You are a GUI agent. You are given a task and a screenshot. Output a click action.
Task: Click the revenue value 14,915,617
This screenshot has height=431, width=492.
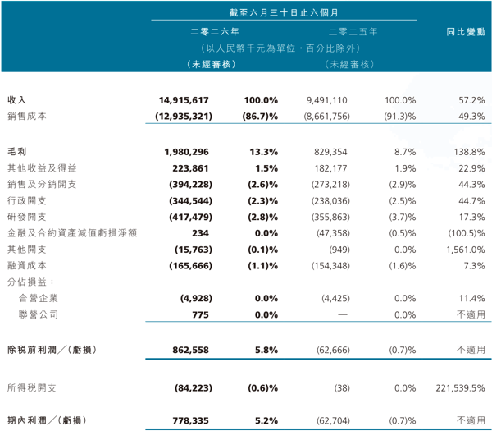click(184, 100)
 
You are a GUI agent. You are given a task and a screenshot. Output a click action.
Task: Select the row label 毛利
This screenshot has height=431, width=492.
click(17, 152)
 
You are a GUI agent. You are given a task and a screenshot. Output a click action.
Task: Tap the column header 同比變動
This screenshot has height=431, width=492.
click(466, 32)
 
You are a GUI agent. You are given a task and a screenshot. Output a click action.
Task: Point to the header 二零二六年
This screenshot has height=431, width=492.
click(215, 32)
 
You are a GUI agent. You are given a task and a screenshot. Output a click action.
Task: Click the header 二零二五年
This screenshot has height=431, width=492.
click(353, 32)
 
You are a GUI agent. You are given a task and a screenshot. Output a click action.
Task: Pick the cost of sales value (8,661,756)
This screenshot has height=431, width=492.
click(326, 117)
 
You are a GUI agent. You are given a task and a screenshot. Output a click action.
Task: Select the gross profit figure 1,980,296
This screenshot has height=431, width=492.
click(186, 152)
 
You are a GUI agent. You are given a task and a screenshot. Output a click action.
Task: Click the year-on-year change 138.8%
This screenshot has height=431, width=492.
click(469, 152)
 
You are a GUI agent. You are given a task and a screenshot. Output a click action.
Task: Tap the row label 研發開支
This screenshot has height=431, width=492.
click(27, 217)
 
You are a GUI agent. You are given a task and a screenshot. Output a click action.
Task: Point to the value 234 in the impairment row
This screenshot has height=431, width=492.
click(200, 233)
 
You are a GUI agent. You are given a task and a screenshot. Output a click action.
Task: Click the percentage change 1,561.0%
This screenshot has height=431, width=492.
click(466, 250)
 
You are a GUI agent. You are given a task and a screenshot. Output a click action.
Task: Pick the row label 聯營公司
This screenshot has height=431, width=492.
click(39, 314)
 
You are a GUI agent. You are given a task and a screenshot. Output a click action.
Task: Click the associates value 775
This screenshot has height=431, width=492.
click(200, 314)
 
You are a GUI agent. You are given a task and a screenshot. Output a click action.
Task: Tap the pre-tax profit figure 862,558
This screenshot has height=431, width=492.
click(190, 350)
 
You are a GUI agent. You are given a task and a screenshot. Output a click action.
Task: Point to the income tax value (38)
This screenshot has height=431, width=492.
click(342, 388)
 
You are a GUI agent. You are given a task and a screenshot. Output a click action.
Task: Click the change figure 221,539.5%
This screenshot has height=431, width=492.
click(460, 388)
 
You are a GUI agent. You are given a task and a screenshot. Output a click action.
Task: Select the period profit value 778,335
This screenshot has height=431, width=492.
click(190, 420)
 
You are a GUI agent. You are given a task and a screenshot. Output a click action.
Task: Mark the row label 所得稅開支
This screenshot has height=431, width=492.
click(32, 388)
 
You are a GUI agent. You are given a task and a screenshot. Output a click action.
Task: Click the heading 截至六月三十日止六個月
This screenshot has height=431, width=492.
click(284, 12)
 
